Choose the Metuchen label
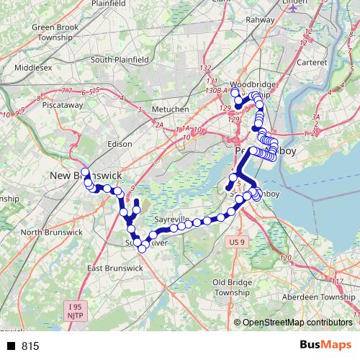click(x=170, y=109)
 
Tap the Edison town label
click(x=119, y=144)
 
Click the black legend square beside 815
click(x=11, y=346)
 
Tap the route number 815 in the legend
click(x=30, y=346)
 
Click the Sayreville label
click(x=172, y=219)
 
